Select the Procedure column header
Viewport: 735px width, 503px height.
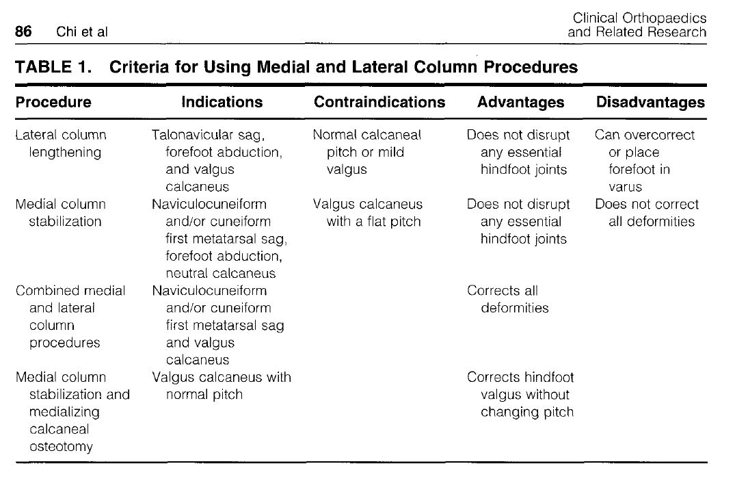coord(53,103)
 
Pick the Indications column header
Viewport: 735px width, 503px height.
coord(222,103)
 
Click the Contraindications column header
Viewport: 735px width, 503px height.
coord(379,103)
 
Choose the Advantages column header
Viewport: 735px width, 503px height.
coord(521,103)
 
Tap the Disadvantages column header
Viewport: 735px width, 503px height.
coord(650,103)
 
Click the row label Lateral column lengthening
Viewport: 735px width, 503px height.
coord(62,144)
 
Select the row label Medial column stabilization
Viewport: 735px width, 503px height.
coord(62,213)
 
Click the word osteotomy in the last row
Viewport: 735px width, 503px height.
coord(61,447)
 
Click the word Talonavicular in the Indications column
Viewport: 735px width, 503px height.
coord(192,135)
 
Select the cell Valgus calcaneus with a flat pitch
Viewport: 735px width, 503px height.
coord(367,213)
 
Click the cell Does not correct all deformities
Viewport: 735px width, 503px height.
coord(647,213)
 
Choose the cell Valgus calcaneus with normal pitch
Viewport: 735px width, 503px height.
coord(222,386)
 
